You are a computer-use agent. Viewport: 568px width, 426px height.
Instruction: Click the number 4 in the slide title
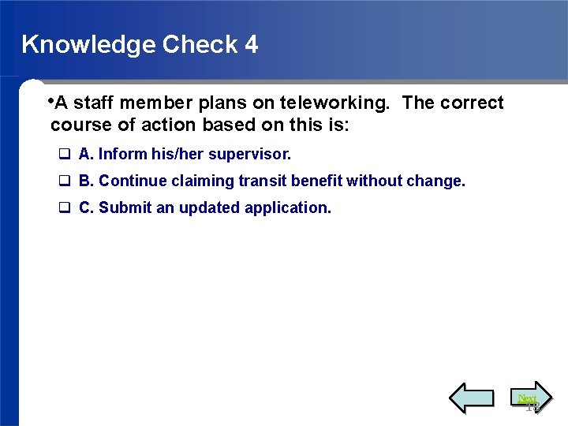pyautogui.click(x=251, y=44)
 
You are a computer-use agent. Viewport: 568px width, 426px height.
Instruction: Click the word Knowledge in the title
pyautogui.click(x=88, y=45)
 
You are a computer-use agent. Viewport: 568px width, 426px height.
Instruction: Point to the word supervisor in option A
pyautogui.click(x=249, y=154)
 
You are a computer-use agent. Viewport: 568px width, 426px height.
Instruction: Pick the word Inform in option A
pyautogui.click(x=121, y=154)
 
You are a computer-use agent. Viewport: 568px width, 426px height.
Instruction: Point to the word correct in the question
pyautogui.click(x=472, y=103)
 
